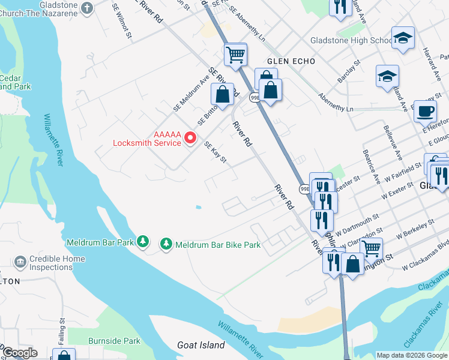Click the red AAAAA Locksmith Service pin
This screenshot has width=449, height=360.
pos(191,138)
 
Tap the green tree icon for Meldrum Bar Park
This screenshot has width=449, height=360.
pos(142,241)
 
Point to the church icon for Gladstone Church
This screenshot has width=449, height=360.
pos(88,8)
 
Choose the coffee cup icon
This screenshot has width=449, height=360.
pos(426,111)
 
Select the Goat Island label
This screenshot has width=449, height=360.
pos(201,345)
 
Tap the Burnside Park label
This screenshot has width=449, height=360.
pos(114,341)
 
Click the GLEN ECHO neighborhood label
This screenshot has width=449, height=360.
pos(286,61)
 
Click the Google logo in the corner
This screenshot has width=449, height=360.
pos(19,353)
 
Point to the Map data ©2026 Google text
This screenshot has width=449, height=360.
pos(411,355)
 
